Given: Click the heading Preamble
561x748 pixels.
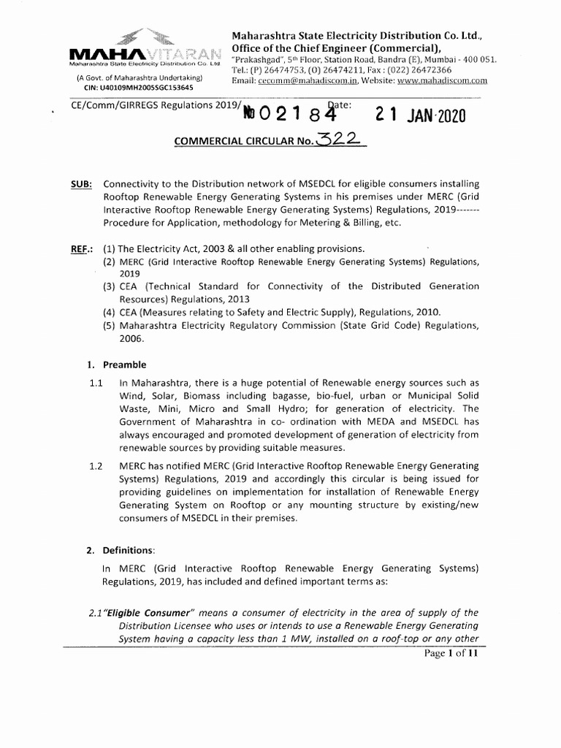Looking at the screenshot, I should tap(124, 364).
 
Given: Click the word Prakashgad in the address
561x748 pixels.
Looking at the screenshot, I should tap(259, 59).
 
